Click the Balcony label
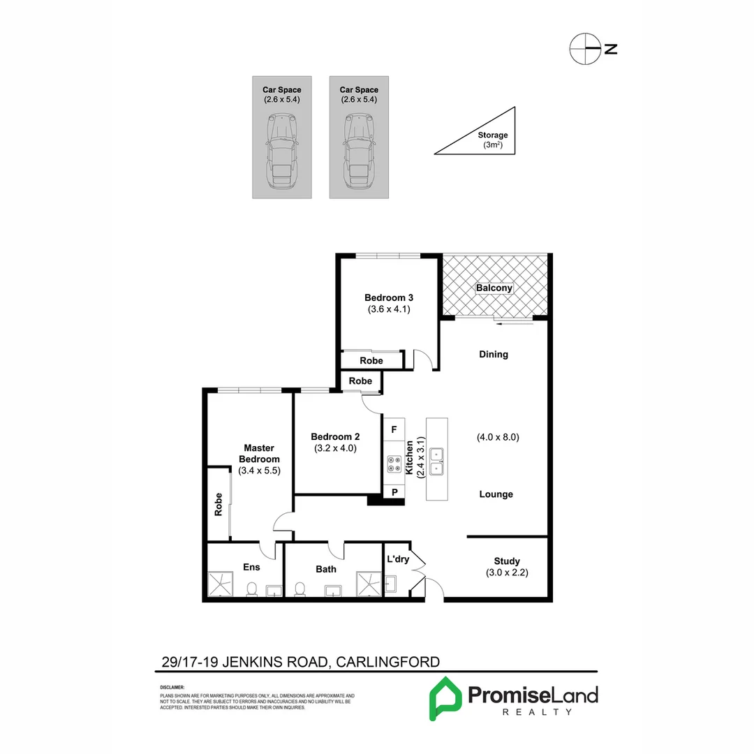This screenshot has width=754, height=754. [494, 288]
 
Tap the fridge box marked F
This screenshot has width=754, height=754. [394, 429]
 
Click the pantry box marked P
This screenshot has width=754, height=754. [394, 492]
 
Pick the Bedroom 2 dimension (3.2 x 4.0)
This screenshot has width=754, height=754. [334, 448]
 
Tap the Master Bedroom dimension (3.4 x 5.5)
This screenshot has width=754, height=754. [259, 471]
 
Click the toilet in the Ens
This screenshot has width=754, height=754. [251, 589]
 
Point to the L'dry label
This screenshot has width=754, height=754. [398, 560]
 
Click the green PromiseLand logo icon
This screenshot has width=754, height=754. [445, 697]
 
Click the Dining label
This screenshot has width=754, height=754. [493, 354]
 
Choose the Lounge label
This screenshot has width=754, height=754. [496, 494]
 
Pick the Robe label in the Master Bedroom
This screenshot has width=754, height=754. [219, 503]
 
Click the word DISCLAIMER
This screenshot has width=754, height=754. [172, 688]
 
